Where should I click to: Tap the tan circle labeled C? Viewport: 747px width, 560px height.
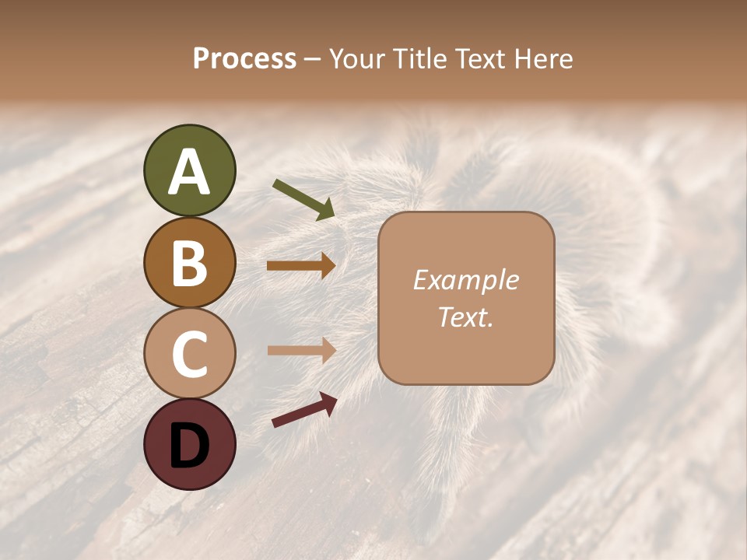[x=189, y=353]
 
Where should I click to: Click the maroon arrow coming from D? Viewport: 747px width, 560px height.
[x=304, y=410]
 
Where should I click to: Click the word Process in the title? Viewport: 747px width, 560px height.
[x=244, y=59]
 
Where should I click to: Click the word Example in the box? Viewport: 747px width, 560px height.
[x=465, y=280]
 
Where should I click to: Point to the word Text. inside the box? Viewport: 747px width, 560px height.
[x=465, y=317]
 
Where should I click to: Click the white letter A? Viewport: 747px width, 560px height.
[x=189, y=173]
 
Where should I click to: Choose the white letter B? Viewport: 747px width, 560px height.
[x=189, y=263]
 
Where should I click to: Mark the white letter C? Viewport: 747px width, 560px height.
[x=189, y=353]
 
